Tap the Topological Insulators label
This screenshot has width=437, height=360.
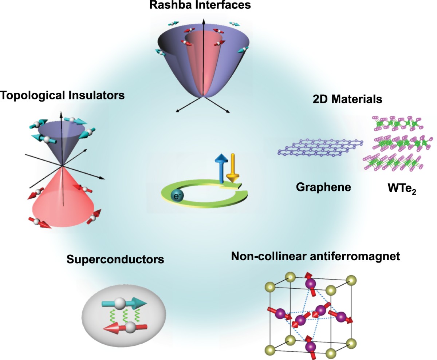tap(63, 96)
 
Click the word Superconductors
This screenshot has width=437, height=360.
tap(115, 260)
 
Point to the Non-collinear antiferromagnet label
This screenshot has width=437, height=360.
tap(316, 256)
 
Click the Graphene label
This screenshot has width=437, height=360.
tap(323, 187)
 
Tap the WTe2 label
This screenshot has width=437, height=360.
tap(401, 190)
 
